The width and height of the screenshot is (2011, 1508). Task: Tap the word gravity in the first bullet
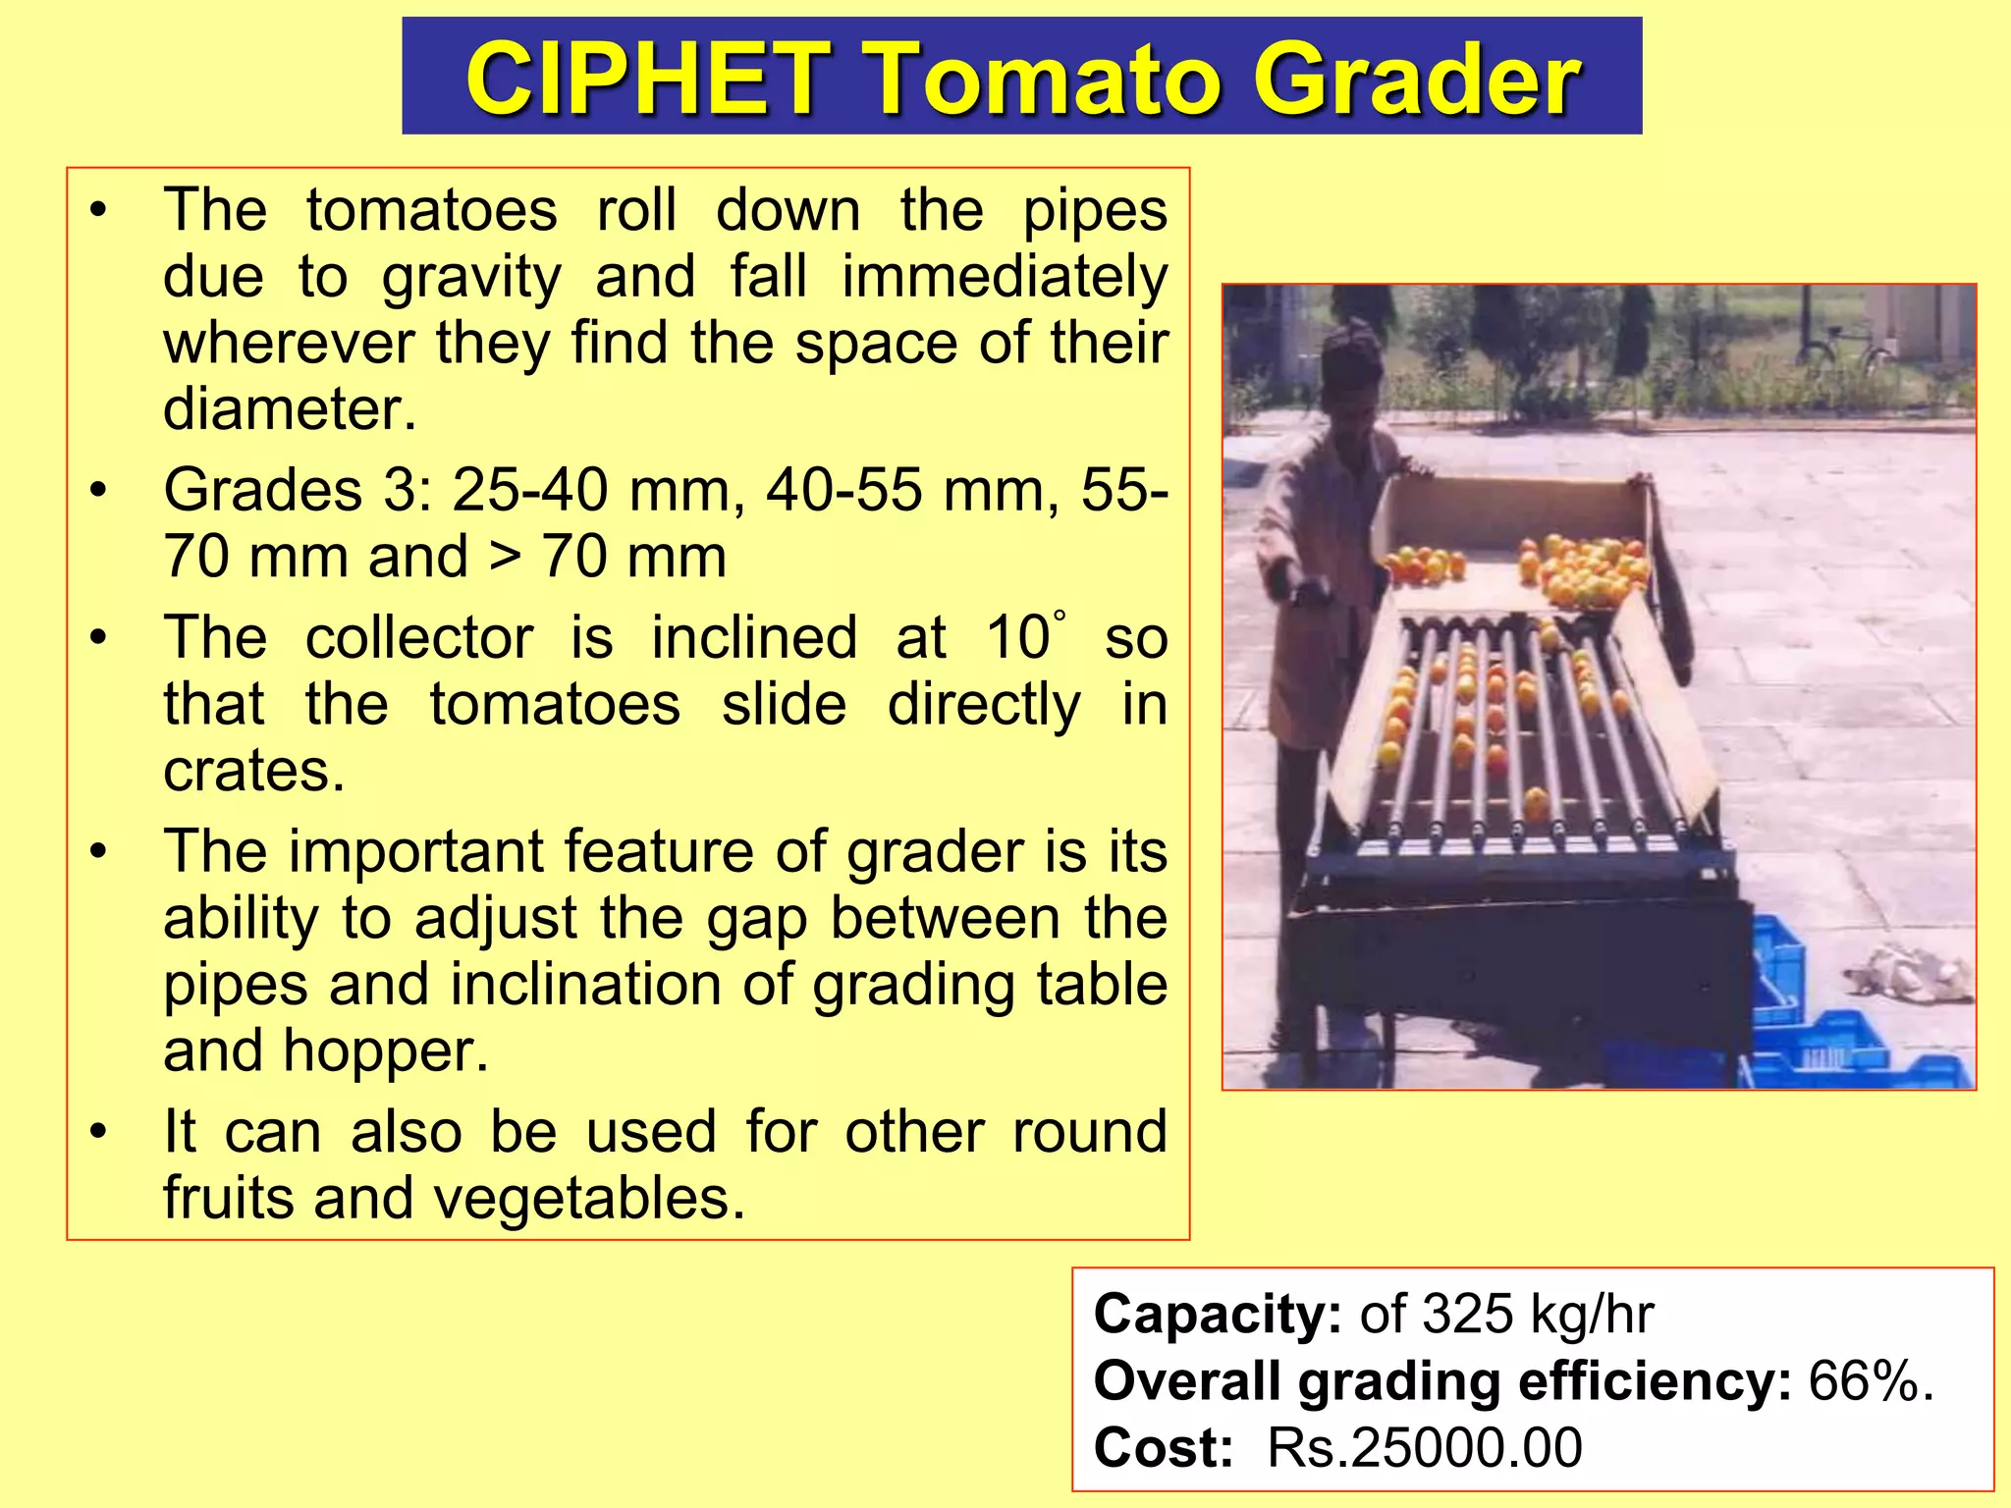click(470, 278)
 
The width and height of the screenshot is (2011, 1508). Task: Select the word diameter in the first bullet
click(290, 409)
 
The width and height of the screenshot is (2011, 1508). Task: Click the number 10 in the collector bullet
click(1017, 638)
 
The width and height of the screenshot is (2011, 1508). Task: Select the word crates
click(253, 771)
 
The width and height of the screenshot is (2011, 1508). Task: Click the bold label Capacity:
click(1217, 1315)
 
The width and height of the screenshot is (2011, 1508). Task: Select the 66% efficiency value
click(1869, 1381)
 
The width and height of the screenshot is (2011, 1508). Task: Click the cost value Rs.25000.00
click(1424, 1448)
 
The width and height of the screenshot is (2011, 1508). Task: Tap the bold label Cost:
click(1163, 1448)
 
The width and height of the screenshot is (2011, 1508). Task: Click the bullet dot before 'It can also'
click(97, 1133)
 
